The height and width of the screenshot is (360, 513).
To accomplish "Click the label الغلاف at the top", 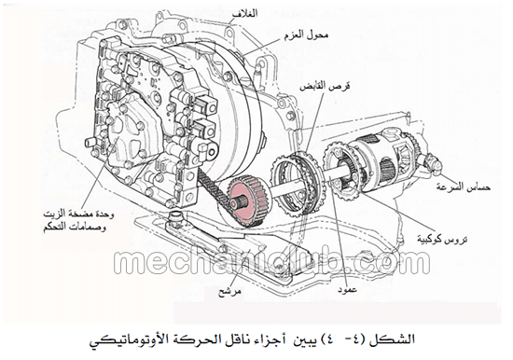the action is [x=244, y=13].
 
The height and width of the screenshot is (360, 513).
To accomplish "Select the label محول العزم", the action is [x=306, y=35].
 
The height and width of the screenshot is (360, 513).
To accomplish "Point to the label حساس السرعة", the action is [x=463, y=187].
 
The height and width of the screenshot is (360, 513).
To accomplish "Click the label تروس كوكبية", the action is [x=442, y=240].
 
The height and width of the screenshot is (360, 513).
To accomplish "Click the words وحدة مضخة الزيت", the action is [x=79, y=215].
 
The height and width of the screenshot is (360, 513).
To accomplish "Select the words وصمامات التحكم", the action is [x=75, y=228].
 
